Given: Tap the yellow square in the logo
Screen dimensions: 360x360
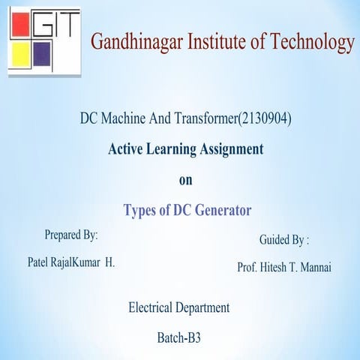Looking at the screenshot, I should pos(21,57).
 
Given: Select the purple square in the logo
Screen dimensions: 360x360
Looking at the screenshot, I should pos(44,57).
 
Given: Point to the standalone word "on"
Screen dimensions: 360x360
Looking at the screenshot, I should pos(186,180).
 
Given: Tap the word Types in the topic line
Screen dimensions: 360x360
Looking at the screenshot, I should pos(140,211).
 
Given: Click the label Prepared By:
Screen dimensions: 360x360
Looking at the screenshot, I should pos(71,235).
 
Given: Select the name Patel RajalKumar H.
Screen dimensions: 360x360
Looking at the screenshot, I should pos(70,263).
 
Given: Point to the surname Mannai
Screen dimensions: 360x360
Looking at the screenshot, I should pos(320,267).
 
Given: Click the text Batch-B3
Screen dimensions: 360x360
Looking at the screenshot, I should pos(178,338).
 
